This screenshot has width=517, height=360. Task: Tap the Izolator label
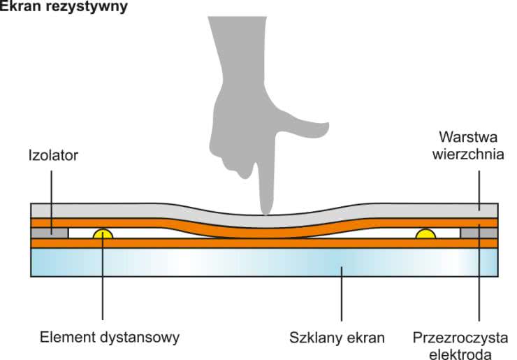(52, 155)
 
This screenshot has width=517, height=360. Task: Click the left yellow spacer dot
(103, 233)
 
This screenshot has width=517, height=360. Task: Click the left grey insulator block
(50, 232)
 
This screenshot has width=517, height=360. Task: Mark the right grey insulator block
(479, 232)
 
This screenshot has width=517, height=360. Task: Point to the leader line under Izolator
(52, 192)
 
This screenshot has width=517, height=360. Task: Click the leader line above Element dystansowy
(103, 287)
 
